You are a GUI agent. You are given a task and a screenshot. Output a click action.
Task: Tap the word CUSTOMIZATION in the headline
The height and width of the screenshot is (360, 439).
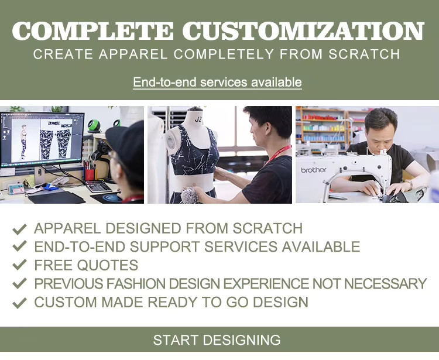(x=303, y=31)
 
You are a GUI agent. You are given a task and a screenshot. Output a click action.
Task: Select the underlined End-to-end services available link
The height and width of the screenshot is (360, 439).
(x=217, y=82)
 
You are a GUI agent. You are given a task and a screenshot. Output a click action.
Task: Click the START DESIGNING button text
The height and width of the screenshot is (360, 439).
(x=217, y=340)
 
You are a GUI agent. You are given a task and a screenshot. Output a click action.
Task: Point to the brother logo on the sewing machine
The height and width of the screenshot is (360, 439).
(x=314, y=170)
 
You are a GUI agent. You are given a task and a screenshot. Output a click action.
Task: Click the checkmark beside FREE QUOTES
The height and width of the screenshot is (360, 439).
(x=20, y=265)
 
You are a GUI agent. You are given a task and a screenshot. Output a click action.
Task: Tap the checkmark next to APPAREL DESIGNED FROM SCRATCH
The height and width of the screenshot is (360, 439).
(x=20, y=228)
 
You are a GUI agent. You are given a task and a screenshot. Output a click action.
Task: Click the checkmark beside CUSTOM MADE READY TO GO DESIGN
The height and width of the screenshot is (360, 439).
(x=20, y=303)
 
